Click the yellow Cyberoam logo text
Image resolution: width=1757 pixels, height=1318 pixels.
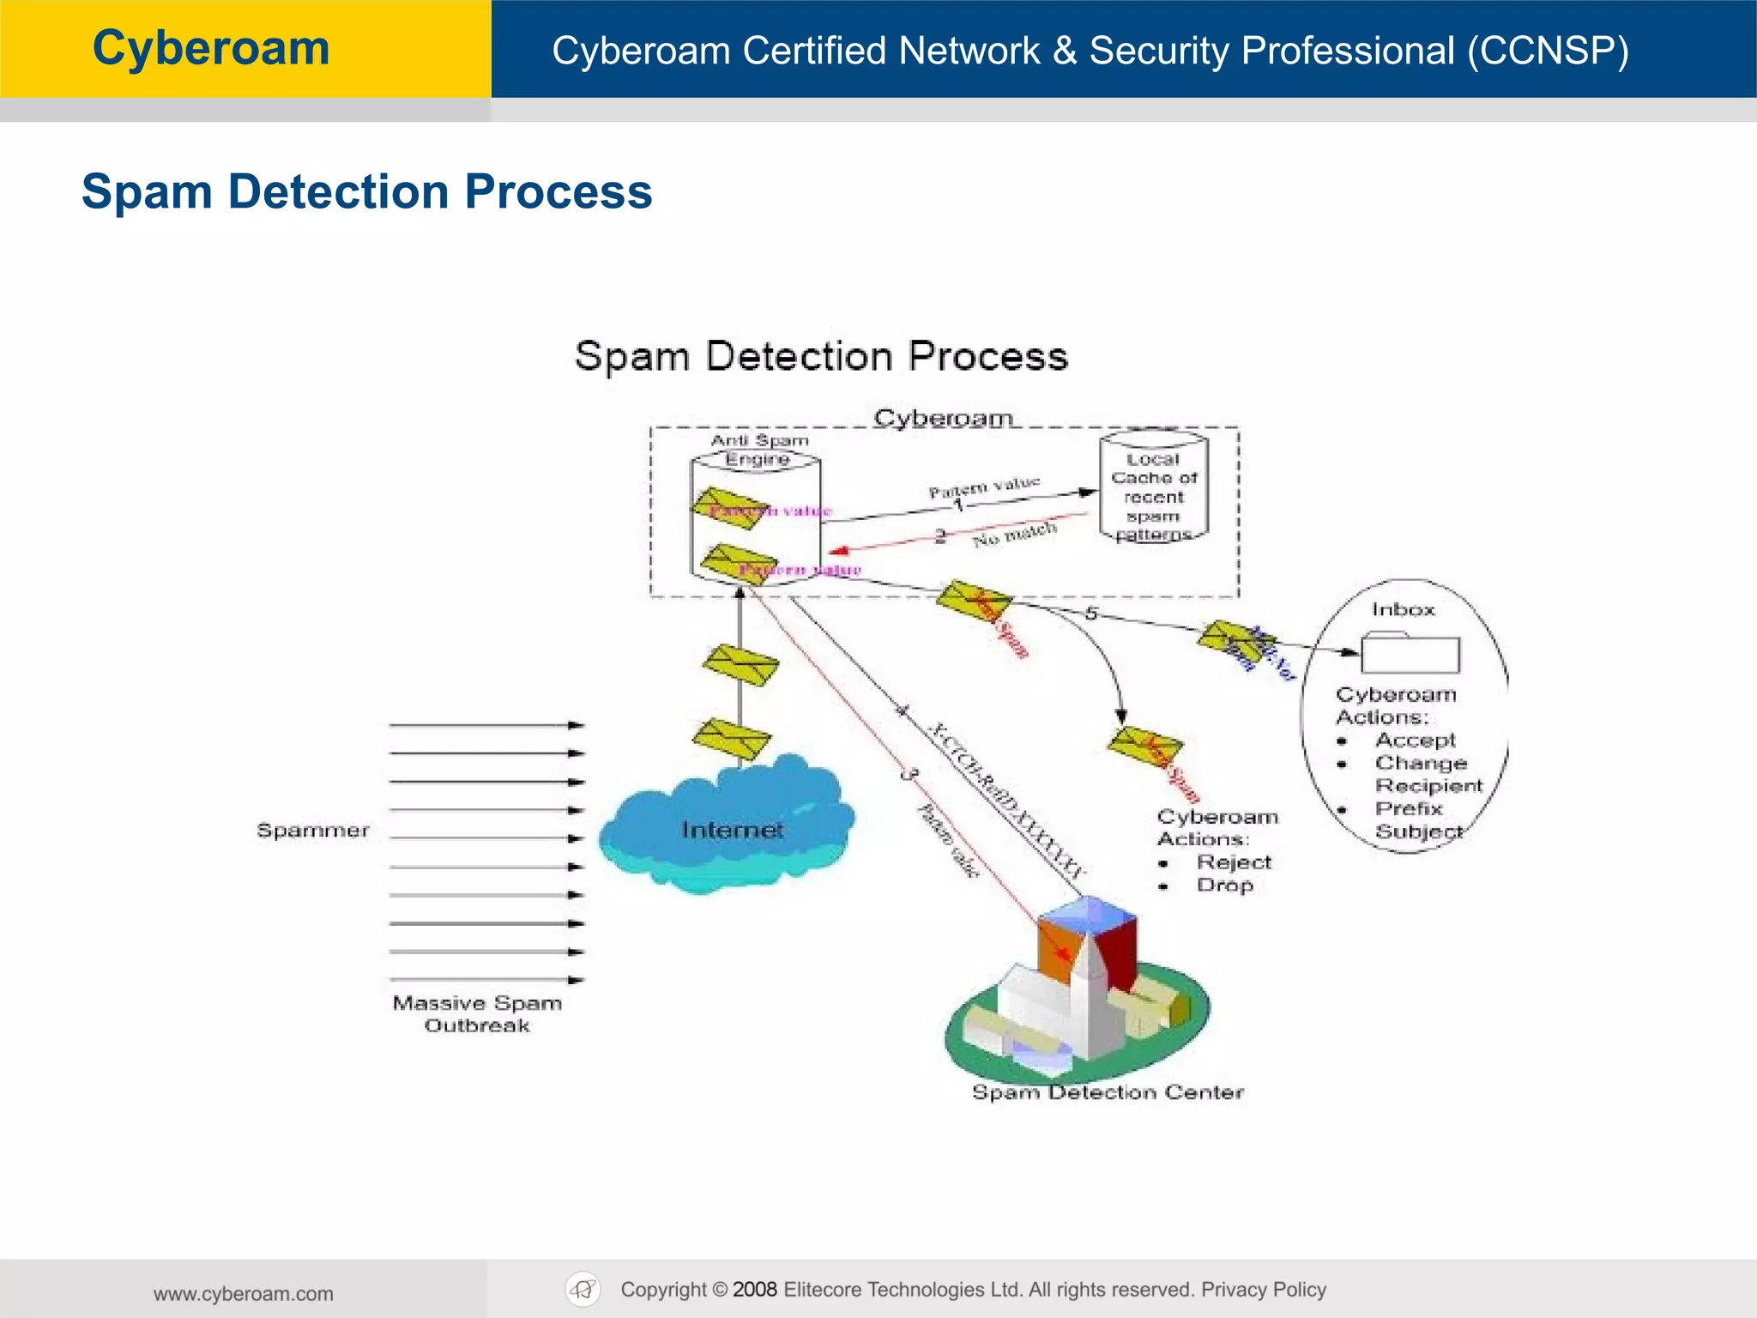(x=211, y=48)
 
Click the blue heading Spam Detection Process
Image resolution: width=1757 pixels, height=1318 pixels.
(x=366, y=191)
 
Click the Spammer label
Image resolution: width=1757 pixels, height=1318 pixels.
(x=313, y=831)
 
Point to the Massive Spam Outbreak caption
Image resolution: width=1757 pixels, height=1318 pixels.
(x=477, y=1014)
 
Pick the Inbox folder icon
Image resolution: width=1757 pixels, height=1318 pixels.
(x=1410, y=654)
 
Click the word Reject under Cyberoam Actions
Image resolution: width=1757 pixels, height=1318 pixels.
(x=1234, y=862)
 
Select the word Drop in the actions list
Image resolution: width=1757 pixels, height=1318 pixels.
(x=1225, y=886)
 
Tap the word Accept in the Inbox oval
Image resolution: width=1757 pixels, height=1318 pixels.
(x=1416, y=741)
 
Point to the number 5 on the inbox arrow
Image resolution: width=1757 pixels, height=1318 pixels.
(x=1091, y=614)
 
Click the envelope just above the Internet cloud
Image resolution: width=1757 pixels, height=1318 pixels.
(x=732, y=740)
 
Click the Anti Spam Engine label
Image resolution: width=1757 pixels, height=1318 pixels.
(x=759, y=450)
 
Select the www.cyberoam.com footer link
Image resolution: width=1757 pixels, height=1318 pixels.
(x=244, y=1294)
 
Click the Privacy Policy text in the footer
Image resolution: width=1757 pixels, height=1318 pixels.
(x=1263, y=1290)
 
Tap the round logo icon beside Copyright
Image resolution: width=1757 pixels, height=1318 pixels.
(x=583, y=1290)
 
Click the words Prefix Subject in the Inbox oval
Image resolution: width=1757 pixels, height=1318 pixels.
(x=1417, y=820)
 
